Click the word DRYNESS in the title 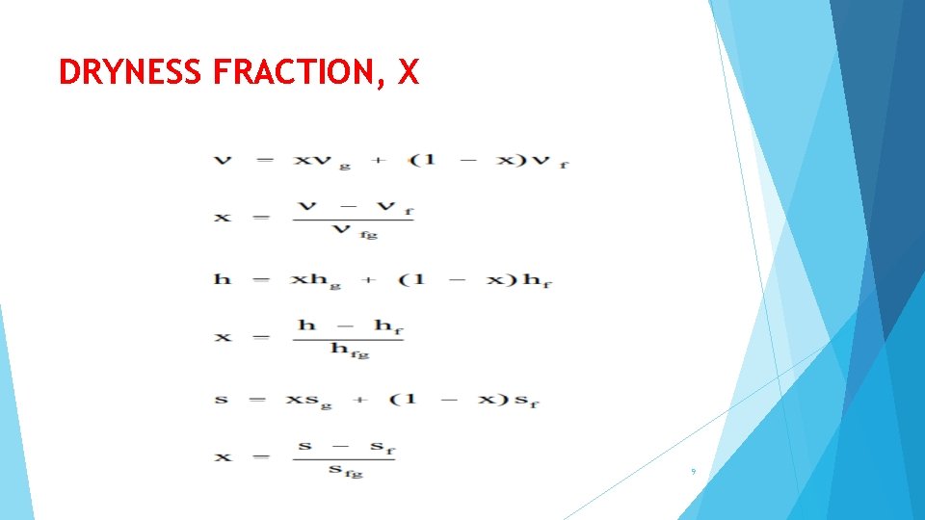131,72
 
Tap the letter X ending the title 408,72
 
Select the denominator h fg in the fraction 350,351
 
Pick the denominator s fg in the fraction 345,471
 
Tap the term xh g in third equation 316,280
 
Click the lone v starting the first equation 223,160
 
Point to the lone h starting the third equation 223,279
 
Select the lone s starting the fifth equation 222,399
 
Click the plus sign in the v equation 378,160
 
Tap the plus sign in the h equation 367,279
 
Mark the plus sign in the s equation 360,399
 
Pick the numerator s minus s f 346,447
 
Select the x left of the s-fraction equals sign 223,456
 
